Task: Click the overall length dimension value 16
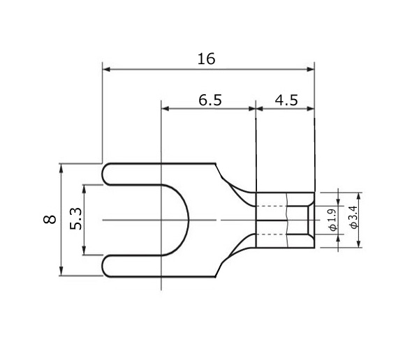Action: [206, 59]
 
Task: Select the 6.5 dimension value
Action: [210, 100]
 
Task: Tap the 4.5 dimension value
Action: [286, 100]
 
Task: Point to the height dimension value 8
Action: [50, 219]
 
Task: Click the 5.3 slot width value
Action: [75, 218]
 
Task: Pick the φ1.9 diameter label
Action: [332, 220]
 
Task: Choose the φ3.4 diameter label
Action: [353, 217]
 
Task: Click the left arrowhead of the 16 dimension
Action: [106, 70]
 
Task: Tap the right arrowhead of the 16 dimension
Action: [311, 70]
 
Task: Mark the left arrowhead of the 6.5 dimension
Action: [165, 109]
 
